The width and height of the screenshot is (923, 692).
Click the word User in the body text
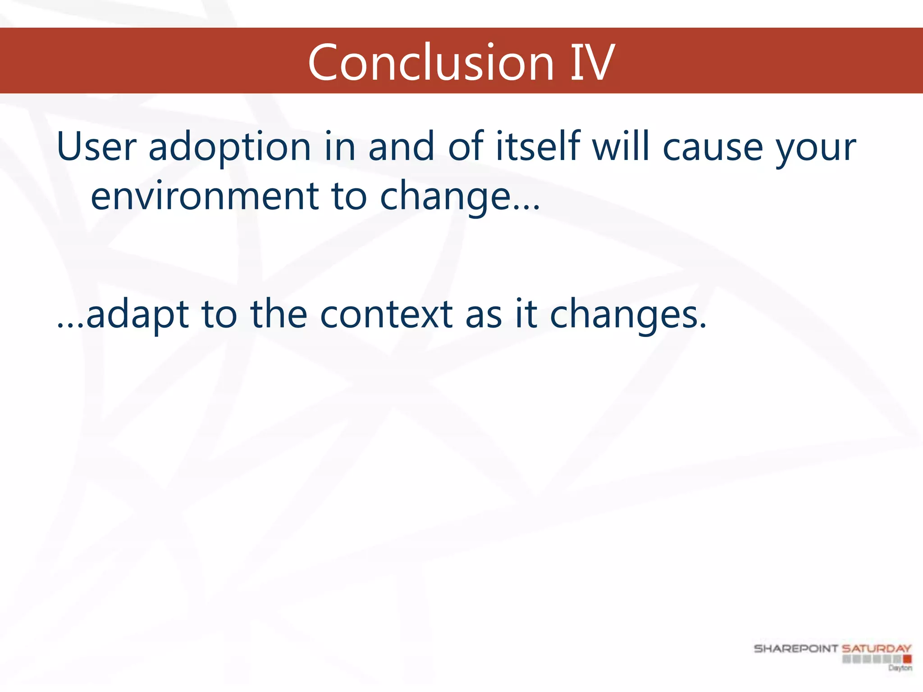coord(96,146)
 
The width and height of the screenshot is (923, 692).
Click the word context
coord(386,314)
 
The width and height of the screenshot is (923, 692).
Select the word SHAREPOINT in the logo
coord(795,648)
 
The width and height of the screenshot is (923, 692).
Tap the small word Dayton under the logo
coord(900,668)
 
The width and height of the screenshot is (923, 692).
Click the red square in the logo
coord(907,659)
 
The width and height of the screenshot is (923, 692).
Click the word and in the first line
coord(401,146)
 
